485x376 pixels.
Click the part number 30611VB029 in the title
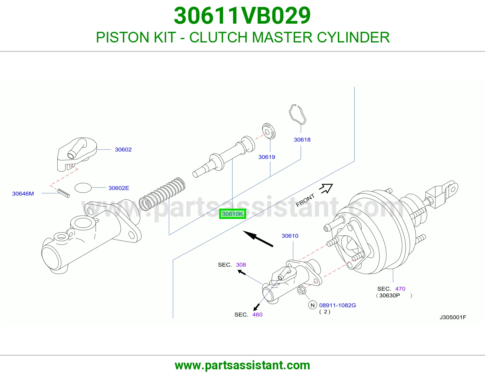click(x=242, y=16)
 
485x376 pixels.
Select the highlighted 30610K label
click(x=232, y=214)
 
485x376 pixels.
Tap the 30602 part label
click(x=123, y=149)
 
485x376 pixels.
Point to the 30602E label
click(x=119, y=188)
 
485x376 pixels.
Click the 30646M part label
click(x=23, y=193)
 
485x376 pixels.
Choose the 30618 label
click(x=302, y=140)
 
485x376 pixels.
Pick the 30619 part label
click(x=267, y=157)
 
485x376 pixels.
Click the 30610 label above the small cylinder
click(x=290, y=236)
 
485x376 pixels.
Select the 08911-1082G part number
click(x=337, y=305)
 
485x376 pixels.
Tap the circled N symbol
click(x=313, y=305)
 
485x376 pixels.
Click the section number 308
click(x=241, y=265)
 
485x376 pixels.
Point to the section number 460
click(x=257, y=315)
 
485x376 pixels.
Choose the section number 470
click(x=400, y=289)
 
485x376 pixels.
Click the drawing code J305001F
click(x=453, y=317)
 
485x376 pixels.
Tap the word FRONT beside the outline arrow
click(x=305, y=200)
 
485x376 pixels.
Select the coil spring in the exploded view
click(x=162, y=194)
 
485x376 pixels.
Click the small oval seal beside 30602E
click(x=83, y=188)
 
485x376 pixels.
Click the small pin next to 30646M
click(x=63, y=193)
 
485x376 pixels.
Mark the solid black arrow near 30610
click(x=258, y=239)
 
